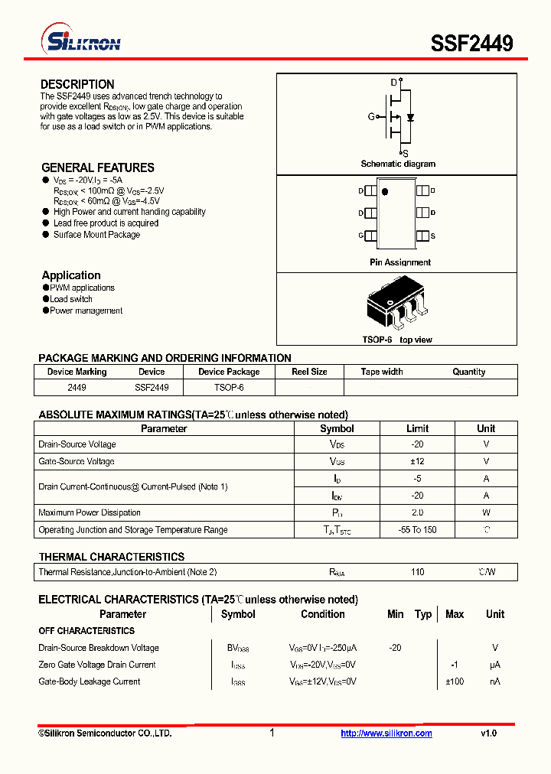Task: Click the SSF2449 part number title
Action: pos(471,44)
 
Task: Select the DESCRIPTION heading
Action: pos(77,84)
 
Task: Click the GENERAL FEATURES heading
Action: pos(97,167)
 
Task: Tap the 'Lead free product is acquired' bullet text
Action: pos(106,223)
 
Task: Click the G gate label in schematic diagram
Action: pos(371,117)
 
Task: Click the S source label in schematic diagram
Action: pos(405,153)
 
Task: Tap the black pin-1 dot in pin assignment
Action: pos(385,191)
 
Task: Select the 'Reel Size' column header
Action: pos(309,372)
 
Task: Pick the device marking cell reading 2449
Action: pos(77,388)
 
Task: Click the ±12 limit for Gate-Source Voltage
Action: pos(417,461)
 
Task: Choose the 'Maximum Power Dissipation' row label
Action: pos(90,512)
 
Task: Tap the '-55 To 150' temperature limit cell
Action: pos(417,530)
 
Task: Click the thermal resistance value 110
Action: pos(417,572)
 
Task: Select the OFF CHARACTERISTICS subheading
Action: pos(86,631)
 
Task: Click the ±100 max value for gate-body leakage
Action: pos(455,681)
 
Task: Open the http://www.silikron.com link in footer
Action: pos(386,733)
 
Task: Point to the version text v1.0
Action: pos(488,733)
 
